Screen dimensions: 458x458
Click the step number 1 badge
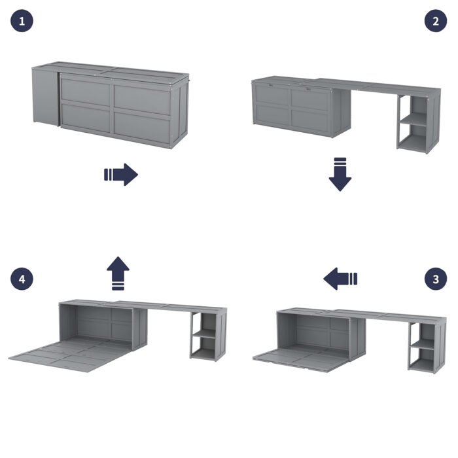point(22,22)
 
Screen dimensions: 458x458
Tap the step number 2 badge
point(436,22)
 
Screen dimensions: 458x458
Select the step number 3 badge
point(436,279)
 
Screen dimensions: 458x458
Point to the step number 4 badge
point(22,279)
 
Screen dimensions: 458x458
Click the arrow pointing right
point(121,175)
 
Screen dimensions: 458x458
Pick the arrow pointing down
point(340,174)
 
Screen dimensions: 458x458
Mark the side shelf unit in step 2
point(417,124)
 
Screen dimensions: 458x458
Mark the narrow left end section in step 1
point(44,98)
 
